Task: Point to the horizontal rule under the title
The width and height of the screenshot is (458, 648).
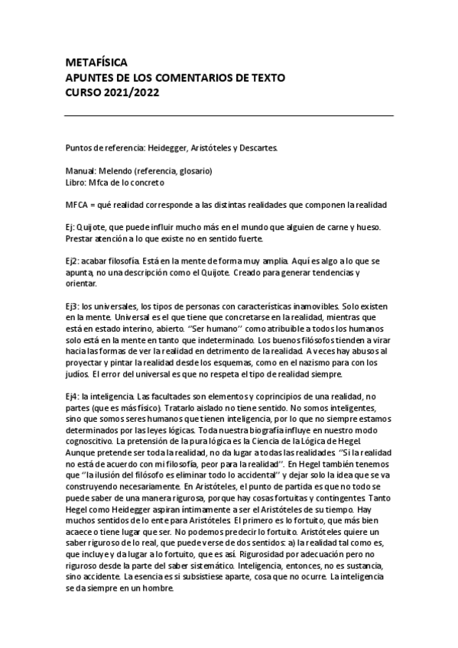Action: pos(229,115)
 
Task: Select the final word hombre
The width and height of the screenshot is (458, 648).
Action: pos(158,600)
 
